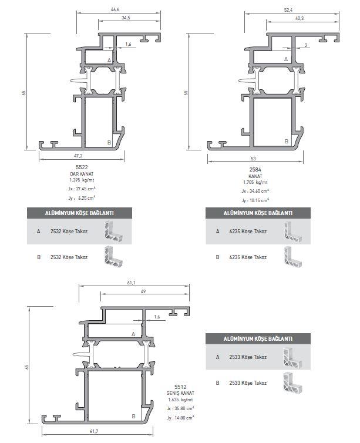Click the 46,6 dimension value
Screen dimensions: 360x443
115,9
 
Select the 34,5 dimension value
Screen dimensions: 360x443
126,18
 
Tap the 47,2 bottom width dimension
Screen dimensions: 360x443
78,156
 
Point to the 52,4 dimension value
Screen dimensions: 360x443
288,10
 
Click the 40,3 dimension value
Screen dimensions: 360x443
300,18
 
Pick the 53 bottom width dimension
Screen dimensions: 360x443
253,159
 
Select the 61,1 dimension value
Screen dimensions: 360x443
132,283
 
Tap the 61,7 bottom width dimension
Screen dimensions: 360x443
94,431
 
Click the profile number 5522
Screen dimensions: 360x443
82,167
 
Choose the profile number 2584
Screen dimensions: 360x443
255,170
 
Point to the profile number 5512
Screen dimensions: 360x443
180,387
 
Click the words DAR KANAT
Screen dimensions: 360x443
82,174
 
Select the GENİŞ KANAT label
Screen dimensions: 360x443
180,393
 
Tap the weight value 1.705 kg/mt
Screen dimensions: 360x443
255,183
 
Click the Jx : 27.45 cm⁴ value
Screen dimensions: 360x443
82,189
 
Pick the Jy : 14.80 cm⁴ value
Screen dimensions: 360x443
180,418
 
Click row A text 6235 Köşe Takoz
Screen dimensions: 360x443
248,231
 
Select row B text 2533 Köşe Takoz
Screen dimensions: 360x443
248,383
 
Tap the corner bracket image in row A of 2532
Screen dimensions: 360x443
113,231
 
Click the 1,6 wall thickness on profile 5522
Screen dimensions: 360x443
129,44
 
